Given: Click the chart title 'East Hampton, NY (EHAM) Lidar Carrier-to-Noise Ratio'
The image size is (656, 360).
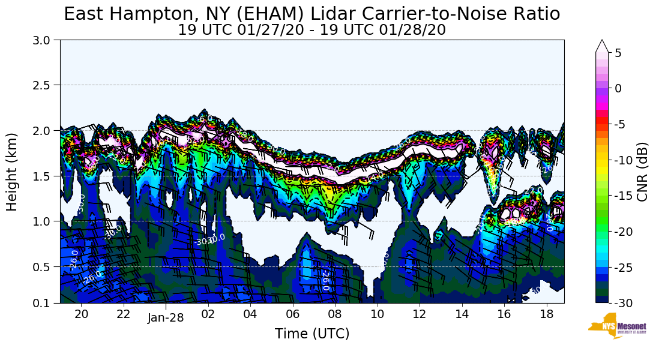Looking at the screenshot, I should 311,14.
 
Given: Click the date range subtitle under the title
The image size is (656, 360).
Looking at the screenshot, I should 311,30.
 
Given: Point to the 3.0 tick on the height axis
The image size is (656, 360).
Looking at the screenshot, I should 46,40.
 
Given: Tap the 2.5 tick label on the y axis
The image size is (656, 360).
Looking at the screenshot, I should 46,85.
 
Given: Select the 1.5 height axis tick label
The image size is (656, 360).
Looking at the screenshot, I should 46,176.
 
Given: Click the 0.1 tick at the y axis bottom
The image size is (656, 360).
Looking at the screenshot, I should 46,303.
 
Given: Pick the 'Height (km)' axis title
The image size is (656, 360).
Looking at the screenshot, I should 13,172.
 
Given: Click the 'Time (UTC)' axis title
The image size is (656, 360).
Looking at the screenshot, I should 311,334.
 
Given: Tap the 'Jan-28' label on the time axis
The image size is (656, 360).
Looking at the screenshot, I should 166,318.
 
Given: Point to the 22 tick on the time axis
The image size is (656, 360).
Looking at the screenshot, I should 123,314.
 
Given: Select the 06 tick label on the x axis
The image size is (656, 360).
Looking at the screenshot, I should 292,314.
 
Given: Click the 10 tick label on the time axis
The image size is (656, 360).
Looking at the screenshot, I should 377,314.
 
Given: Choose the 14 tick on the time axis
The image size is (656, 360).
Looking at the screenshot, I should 462,314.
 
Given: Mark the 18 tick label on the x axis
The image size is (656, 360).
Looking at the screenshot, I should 546,314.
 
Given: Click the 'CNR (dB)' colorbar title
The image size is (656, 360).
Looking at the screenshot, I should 642,172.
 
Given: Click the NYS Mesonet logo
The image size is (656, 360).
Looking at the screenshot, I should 612,326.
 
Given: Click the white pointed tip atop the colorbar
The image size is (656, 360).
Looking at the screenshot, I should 602,46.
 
